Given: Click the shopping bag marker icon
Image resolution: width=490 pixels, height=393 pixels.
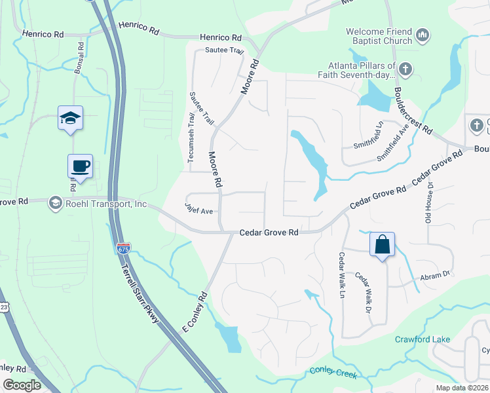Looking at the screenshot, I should (383, 245).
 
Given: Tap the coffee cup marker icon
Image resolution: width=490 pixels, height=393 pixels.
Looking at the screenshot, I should (80, 166).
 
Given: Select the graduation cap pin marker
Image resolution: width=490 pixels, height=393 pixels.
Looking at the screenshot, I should (70, 118).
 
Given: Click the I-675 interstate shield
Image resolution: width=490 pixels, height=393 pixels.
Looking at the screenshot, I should (123, 248).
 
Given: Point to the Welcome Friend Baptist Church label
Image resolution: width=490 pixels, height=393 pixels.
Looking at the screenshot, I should (379, 36).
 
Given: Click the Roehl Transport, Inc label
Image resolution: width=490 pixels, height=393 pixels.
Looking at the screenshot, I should (100, 204).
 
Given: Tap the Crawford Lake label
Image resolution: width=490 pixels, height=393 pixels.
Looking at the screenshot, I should (422, 339).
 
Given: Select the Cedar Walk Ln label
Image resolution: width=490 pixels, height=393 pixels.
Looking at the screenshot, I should (342, 275).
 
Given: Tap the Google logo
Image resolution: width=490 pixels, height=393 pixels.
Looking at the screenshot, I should (22, 385).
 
